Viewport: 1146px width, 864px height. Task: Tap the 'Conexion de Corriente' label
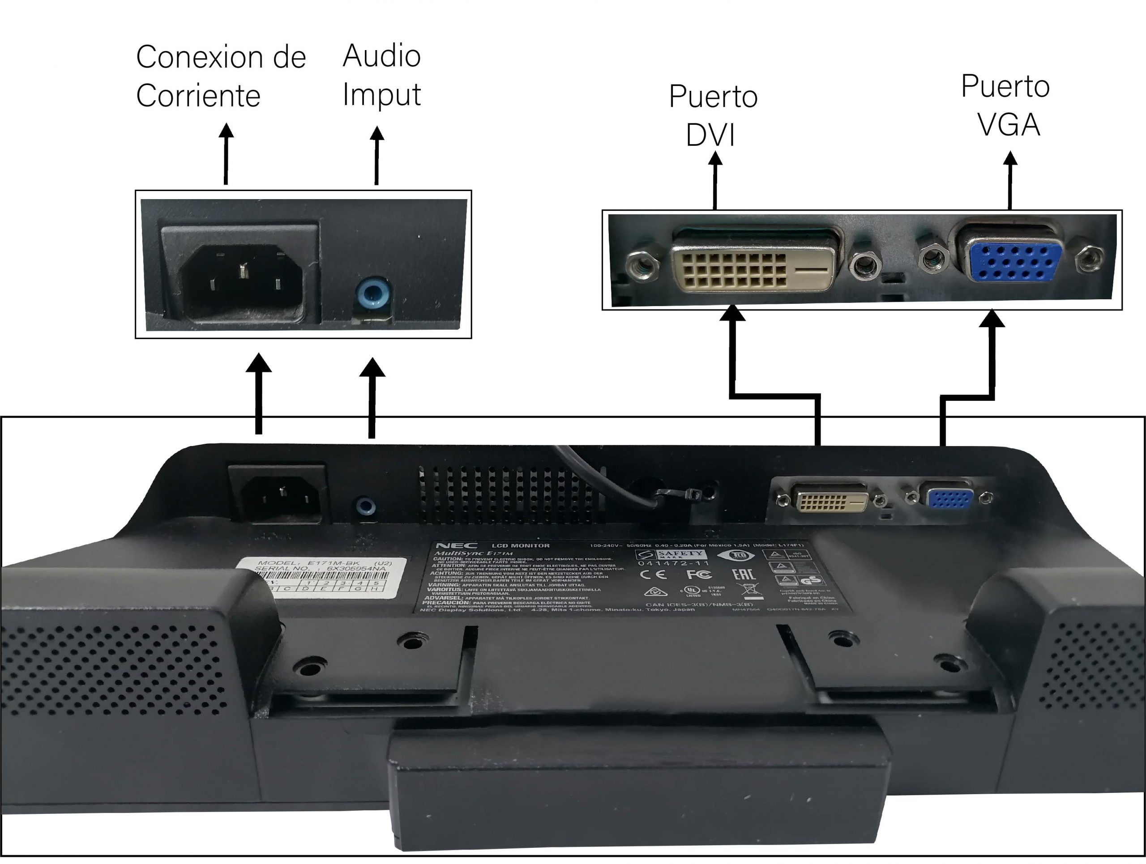coord(220,76)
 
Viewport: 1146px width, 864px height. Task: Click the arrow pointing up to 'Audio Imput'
coord(376,155)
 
